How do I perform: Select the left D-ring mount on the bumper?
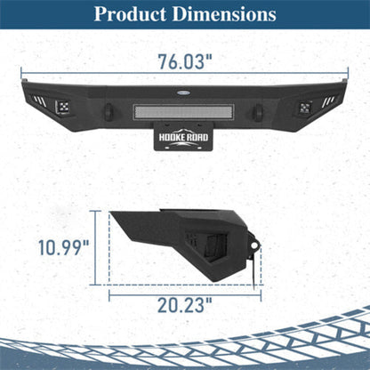109,113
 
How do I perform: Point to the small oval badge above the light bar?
185,90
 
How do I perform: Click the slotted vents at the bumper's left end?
40,101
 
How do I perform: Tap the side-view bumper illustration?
182,245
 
